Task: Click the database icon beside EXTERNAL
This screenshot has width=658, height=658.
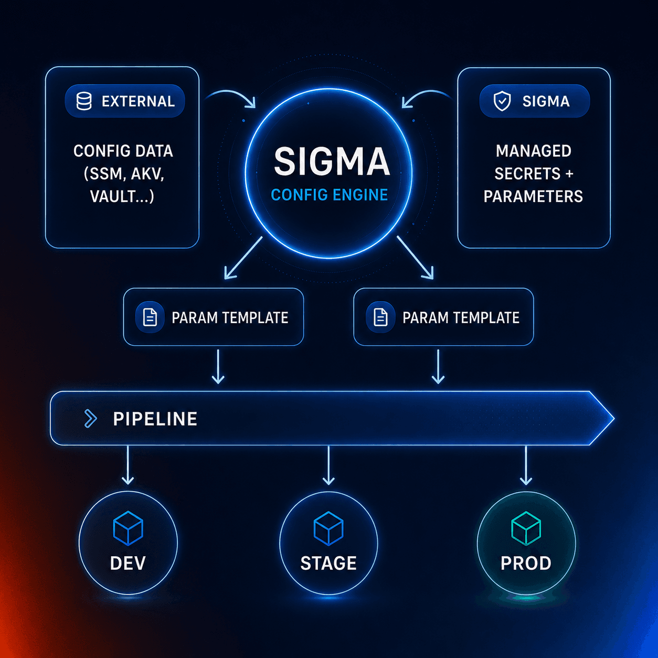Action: pyautogui.click(x=83, y=101)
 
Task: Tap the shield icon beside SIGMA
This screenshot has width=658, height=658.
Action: pyautogui.click(x=502, y=101)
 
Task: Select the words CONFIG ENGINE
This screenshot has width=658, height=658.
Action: pyautogui.click(x=329, y=195)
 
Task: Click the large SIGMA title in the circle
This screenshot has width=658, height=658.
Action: pyautogui.click(x=332, y=161)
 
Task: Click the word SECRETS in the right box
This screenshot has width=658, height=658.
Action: pyautogui.click(x=527, y=174)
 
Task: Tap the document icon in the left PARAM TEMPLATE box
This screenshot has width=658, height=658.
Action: pyautogui.click(x=150, y=317)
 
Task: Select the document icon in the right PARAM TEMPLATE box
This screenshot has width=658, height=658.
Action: pyautogui.click(x=380, y=317)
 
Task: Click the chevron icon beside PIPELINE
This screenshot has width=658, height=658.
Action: pyautogui.click(x=90, y=418)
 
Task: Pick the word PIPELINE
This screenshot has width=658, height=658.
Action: pyautogui.click(x=155, y=419)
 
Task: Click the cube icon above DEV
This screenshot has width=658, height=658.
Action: pyautogui.click(x=128, y=528)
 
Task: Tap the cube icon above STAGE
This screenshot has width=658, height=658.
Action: pyautogui.click(x=328, y=528)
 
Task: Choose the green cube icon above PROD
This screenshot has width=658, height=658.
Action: pyautogui.click(x=526, y=528)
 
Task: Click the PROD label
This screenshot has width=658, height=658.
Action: pyautogui.click(x=526, y=564)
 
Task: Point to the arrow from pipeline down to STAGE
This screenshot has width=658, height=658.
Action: pyautogui.click(x=328, y=465)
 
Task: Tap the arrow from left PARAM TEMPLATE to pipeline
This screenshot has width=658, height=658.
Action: pyautogui.click(x=218, y=366)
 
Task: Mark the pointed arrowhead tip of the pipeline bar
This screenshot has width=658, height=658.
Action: pyautogui.click(x=614, y=418)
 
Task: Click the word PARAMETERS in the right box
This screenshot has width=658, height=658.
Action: pyautogui.click(x=533, y=196)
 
